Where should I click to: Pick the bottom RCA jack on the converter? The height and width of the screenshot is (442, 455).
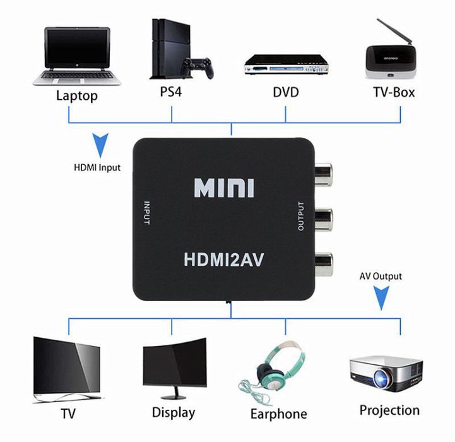click(324, 261)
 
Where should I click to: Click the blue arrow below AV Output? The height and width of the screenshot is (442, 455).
click(381, 297)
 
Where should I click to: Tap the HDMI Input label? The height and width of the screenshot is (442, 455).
click(97, 168)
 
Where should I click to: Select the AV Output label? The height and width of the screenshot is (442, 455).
click(381, 276)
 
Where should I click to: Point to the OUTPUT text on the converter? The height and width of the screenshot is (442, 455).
click(300, 217)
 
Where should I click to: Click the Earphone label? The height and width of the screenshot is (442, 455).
click(278, 414)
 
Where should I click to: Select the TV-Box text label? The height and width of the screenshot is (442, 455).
click(394, 92)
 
